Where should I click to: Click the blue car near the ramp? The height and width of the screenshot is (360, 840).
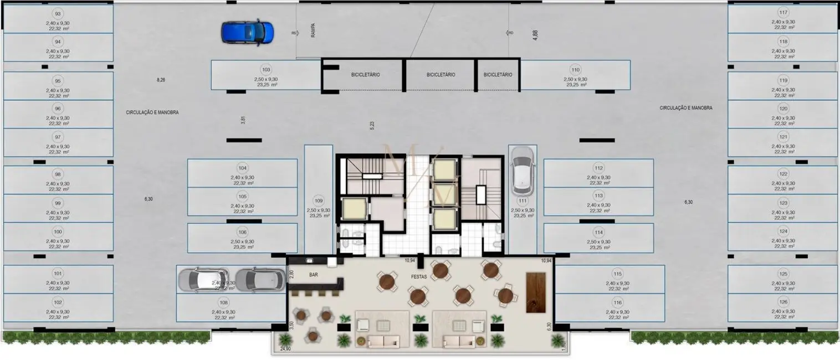(248, 33)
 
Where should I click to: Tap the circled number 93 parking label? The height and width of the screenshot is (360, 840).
(58, 14)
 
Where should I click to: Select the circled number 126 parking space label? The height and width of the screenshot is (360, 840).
(783, 302)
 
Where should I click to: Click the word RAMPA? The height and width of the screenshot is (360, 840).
(313, 30)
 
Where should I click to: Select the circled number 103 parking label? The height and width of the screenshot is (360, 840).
(266, 70)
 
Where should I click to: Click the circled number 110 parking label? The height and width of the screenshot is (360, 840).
(575, 70)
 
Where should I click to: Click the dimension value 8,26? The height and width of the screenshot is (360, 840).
(161, 80)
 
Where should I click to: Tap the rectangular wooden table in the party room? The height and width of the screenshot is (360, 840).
(536, 292)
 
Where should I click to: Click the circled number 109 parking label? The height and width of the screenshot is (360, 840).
(318, 200)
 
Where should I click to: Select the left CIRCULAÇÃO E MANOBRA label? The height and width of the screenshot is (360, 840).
(152, 112)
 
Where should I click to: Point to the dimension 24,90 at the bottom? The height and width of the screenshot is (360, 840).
(285, 349)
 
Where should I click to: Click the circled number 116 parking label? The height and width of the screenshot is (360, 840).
(618, 302)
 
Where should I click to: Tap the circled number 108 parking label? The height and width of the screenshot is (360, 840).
(223, 302)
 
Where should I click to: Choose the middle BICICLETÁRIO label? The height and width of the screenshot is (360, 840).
(441, 75)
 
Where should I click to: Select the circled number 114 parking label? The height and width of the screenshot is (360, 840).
(598, 232)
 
